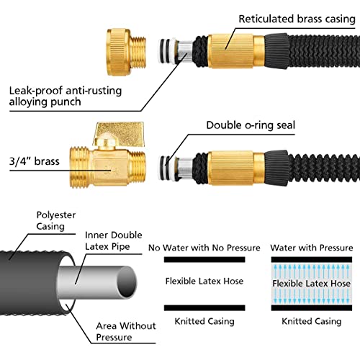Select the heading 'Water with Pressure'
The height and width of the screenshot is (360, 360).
click(x=310, y=248)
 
